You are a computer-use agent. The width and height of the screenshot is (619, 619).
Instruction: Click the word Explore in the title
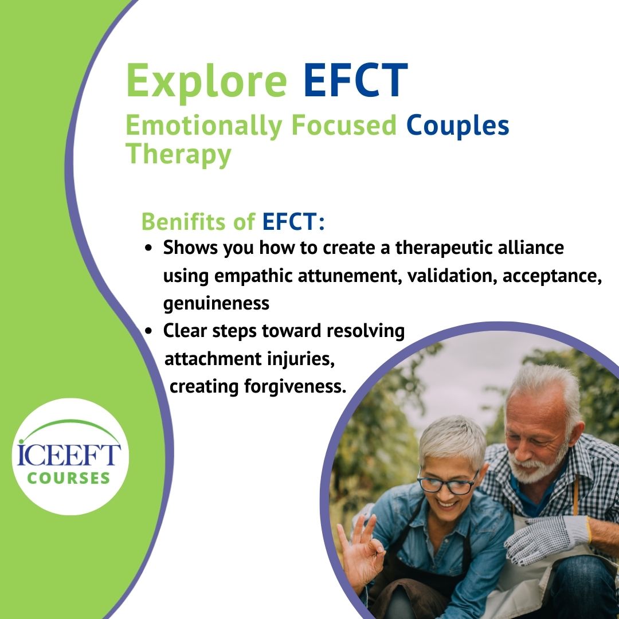pyautogui.click(x=206, y=81)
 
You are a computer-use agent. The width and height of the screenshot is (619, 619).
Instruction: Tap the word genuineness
pyautogui.click(x=216, y=303)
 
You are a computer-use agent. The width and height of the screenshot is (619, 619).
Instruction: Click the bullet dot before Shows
pyautogui.click(x=149, y=249)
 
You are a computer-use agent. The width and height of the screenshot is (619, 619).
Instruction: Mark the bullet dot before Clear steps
pyautogui.click(x=149, y=331)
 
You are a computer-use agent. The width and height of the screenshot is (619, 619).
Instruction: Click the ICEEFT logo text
pyautogui.click(x=68, y=453)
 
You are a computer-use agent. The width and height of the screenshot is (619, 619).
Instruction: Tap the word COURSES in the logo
pyautogui.click(x=68, y=477)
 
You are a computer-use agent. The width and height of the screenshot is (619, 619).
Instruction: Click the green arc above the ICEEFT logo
pyautogui.click(x=68, y=427)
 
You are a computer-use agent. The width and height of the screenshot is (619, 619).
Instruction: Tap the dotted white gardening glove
pyautogui.click(x=544, y=536)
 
